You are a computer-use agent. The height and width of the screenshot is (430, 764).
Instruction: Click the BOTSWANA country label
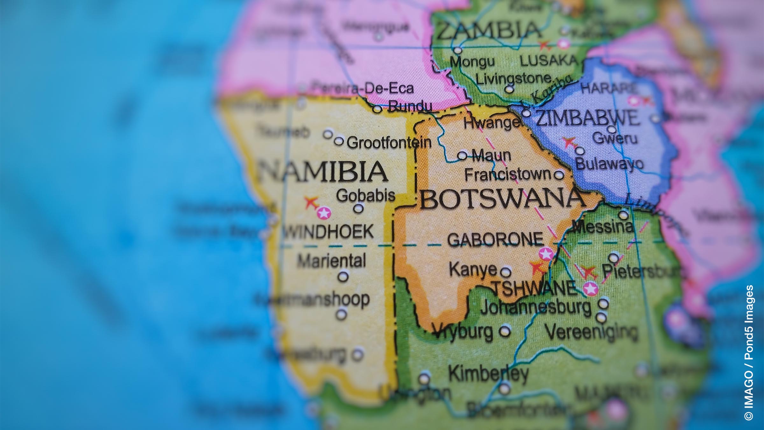(502, 199)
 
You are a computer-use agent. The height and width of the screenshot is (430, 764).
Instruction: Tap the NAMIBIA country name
(322, 171)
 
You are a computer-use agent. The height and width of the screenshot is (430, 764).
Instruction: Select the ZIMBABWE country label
(587, 118)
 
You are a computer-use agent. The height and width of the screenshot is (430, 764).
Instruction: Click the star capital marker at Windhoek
(324, 213)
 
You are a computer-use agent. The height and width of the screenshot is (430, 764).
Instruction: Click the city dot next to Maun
(462, 156)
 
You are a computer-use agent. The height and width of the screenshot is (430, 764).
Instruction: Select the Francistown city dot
(559, 175)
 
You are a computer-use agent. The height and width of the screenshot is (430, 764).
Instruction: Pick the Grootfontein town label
(389, 143)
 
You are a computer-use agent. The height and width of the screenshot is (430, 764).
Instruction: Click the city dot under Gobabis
(358, 209)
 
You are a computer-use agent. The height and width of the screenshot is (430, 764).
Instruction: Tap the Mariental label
(332, 261)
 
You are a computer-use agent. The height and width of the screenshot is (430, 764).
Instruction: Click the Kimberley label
(488, 374)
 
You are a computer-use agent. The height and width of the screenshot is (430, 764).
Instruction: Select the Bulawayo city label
(609, 164)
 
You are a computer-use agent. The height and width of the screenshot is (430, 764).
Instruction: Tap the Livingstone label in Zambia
(513, 78)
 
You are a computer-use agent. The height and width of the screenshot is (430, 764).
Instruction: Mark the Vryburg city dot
(505, 331)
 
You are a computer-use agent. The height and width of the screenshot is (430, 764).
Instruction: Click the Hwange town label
(491, 123)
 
